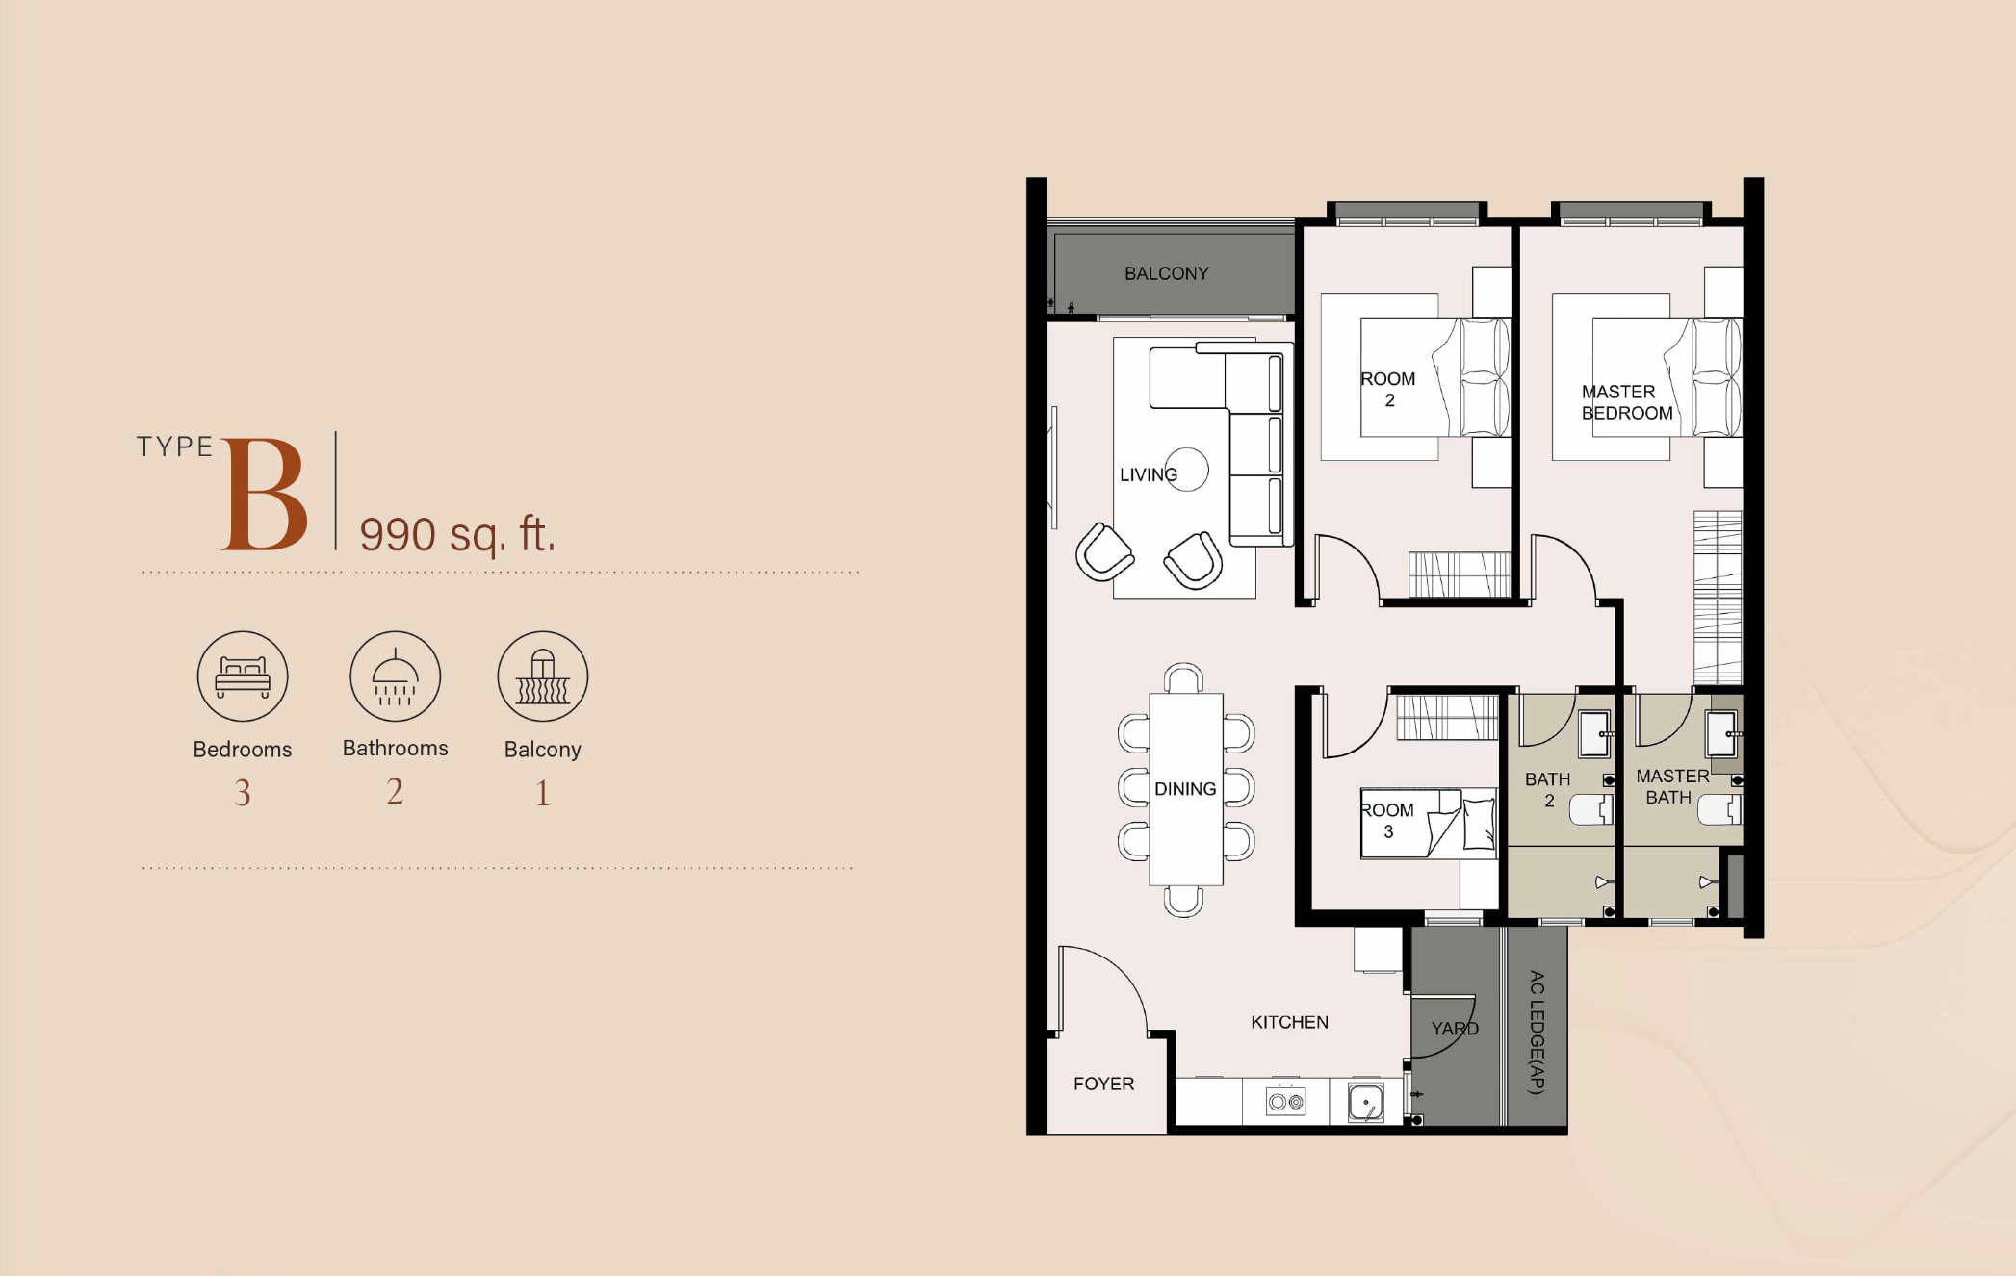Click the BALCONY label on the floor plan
coord(1166,274)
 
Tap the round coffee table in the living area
coord(1187,470)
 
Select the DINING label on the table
coord(1185,789)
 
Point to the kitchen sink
coord(1365,1103)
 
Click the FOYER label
coord(1103,1084)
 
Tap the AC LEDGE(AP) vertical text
coord(1537,1032)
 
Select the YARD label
coord(1455,1029)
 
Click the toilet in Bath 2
coord(1591,809)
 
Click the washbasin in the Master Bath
coord(1721,734)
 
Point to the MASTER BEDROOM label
coord(1627,402)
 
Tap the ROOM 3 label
coord(1387,821)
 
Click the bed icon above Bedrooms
coord(243,676)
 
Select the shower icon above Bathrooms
coord(395,676)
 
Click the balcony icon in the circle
coord(543,676)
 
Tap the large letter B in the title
coord(265,496)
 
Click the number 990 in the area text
coord(398,534)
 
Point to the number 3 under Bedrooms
coord(243,793)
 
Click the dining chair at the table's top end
coord(1183,678)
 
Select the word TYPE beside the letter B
coord(174,447)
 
